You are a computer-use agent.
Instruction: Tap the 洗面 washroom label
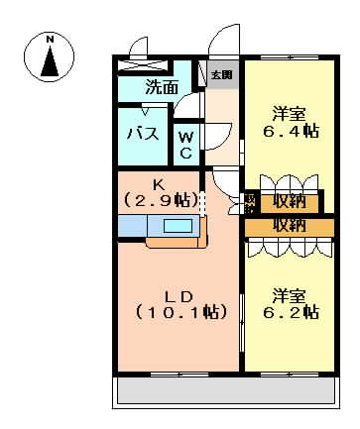pos(163,87)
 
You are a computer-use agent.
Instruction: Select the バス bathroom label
pos(142,135)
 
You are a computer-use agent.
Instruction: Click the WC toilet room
pos(186,145)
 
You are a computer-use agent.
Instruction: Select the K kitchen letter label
pos(159,184)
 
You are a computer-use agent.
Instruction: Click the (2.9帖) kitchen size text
pos(159,200)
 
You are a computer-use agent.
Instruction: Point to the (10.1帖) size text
pos(178,314)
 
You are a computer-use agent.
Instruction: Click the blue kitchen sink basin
pos(179,226)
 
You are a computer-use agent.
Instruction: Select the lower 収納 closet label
pos(290,226)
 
